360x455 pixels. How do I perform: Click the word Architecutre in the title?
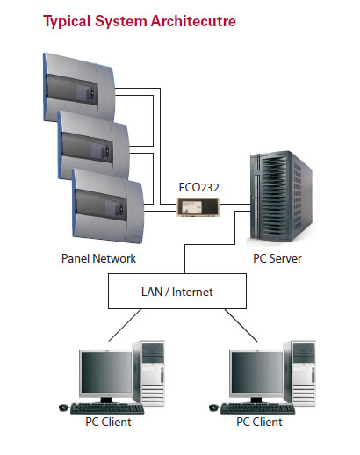point(193,21)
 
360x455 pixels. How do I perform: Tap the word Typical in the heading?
point(67,22)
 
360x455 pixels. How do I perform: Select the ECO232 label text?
point(199,187)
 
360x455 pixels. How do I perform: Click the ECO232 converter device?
point(198,207)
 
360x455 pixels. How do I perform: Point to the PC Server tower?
point(281,197)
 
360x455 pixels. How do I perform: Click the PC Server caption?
point(277,258)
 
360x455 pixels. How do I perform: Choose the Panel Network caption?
point(98,258)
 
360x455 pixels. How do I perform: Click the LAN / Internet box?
point(177,291)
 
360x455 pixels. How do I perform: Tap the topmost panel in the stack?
point(79,87)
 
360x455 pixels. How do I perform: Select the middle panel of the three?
point(93,145)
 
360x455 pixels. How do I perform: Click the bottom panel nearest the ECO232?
point(108,206)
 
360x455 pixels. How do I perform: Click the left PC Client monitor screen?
point(106,372)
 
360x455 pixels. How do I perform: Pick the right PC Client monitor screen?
point(257,372)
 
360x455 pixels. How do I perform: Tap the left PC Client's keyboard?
point(107,408)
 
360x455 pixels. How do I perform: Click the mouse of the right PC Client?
point(213,408)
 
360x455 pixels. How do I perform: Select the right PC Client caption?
point(259,422)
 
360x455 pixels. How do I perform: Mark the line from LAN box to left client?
point(125,325)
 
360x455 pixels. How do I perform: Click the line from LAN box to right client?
point(241,325)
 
